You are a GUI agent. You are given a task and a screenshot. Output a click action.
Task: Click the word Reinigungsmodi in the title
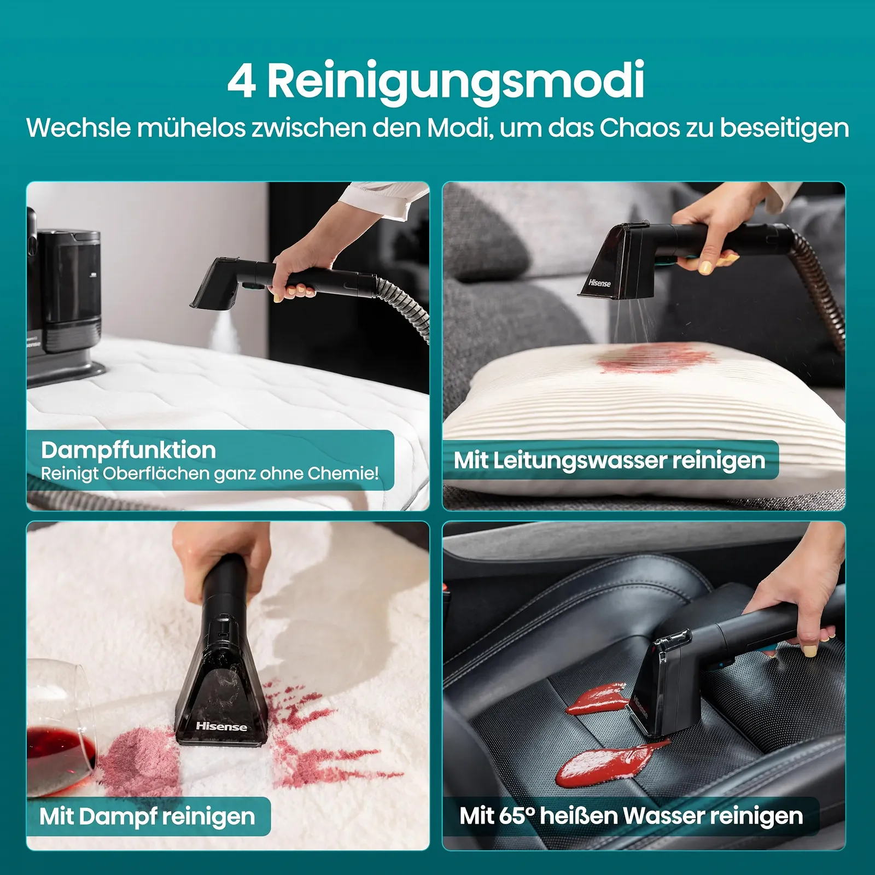456,81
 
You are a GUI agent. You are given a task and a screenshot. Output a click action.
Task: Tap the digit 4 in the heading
241,81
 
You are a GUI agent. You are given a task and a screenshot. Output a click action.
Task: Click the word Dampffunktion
129,450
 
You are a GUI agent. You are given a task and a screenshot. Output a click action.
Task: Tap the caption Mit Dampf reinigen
147,816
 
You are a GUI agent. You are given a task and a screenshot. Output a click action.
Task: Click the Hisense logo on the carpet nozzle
221,726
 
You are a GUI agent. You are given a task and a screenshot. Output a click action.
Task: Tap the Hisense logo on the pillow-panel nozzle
599,283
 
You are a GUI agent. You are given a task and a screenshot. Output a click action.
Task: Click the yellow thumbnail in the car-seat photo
810,650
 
